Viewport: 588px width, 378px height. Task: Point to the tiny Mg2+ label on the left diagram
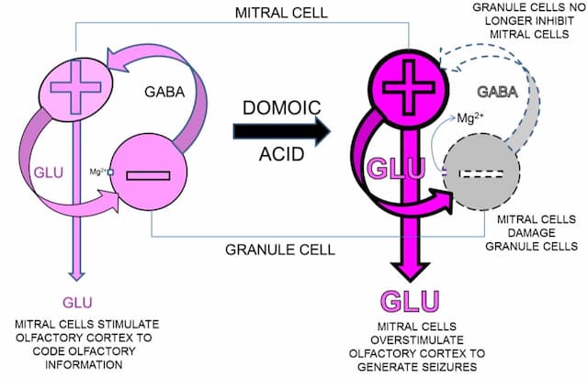pyautogui.click(x=97, y=171)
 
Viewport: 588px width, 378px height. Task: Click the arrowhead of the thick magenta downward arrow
pyautogui.click(x=412, y=271)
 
